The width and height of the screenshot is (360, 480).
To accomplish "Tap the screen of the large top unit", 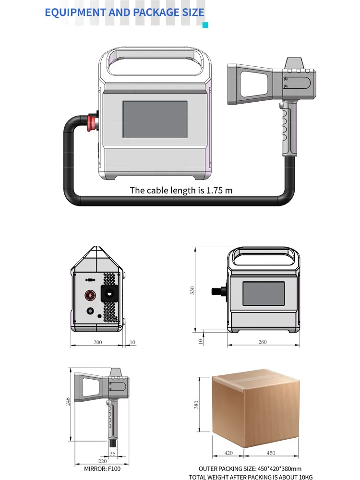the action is [x=155, y=120].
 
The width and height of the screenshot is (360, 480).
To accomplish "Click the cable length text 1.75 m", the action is [x=219, y=191].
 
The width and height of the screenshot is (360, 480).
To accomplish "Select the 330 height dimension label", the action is [x=192, y=290].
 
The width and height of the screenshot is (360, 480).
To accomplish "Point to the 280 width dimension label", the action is [x=263, y=342].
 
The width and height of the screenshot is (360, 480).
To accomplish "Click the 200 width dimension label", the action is [x=97, y=342].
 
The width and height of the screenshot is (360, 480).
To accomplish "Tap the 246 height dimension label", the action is [x=68, y=401].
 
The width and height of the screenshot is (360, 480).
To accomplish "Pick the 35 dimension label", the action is [x=113, y=454].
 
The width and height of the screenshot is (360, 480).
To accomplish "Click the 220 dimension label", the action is [x=103, y=461].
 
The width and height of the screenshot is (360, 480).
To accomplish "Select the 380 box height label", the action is [x=196, y=405].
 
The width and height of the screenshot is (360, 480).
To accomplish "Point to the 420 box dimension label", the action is [x=228, y=453].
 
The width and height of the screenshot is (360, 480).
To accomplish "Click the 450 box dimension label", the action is [x=271, y=453].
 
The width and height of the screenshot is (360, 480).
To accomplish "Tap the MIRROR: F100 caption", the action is [x=102, y=469].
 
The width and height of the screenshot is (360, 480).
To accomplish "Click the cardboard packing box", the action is [x=256, y=408].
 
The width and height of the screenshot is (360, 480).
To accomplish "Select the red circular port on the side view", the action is [x=90, y=295].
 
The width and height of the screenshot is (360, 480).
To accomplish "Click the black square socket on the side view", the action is [x=109, y=294].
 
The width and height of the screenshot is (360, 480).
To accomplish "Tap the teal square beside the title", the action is [x=205, y=25].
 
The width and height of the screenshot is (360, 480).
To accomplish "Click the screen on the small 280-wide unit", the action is [x=264, y=294].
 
